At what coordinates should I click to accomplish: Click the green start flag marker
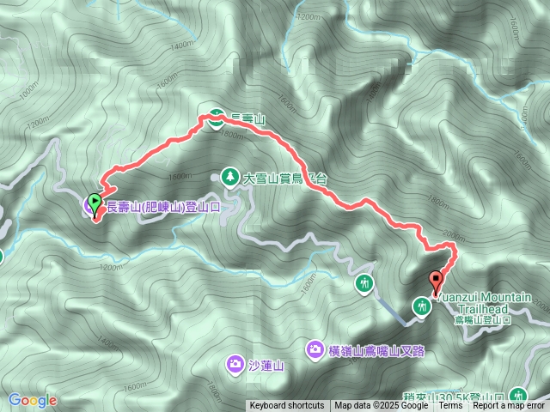coord(94,203)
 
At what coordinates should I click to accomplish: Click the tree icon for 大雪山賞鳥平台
coord(230,178)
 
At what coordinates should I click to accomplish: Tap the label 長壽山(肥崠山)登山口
coord(162,207)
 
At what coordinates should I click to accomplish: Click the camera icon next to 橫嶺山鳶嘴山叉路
coord(315,348)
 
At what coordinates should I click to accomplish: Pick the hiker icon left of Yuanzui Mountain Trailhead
coord(421,305)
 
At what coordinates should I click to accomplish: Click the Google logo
coord(32,400)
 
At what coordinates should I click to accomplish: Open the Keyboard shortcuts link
coord(287,406)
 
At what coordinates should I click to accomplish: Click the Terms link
coord(450,406)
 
